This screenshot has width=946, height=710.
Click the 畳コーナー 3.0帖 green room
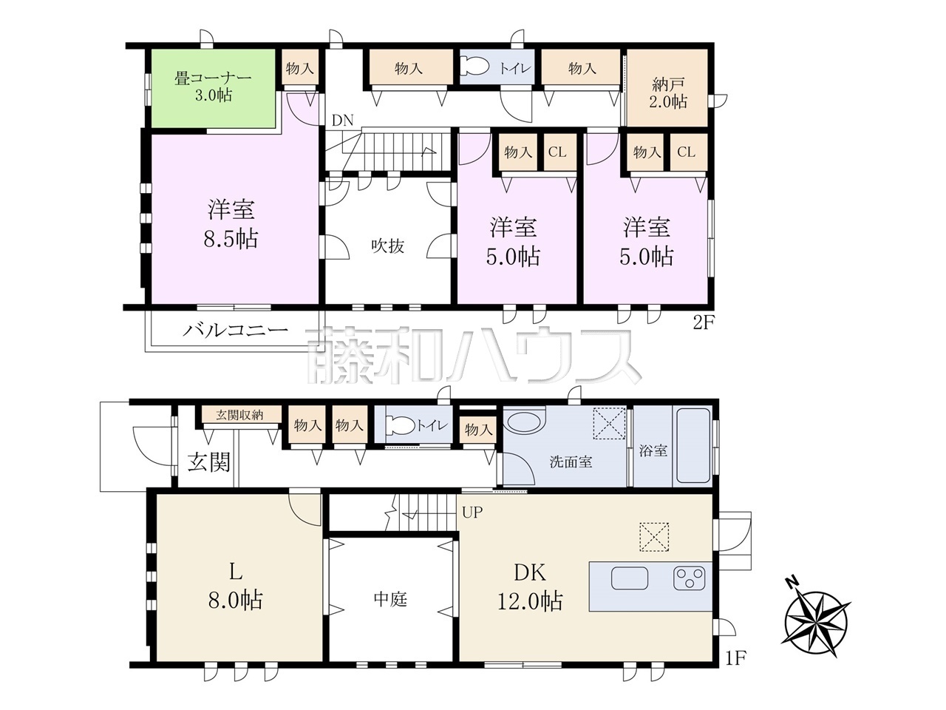point(214,88)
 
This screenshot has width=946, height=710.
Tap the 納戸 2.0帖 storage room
point(667,88)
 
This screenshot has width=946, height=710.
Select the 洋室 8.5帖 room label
point(231,224)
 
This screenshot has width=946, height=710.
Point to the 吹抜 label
point(388,246)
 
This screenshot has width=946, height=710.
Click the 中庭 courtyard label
point(390,600)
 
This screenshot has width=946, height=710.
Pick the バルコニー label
point(236,331)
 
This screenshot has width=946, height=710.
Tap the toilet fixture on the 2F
point(477,68)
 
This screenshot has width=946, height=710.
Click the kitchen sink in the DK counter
point(629,578)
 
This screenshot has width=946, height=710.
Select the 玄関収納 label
point(239,415)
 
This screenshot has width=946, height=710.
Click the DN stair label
point(342,121)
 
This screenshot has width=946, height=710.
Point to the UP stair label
point(472,513)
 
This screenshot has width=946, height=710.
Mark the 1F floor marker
point(735,670)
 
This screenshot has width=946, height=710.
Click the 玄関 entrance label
point(209,462)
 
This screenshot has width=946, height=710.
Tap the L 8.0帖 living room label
point(235,587)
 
